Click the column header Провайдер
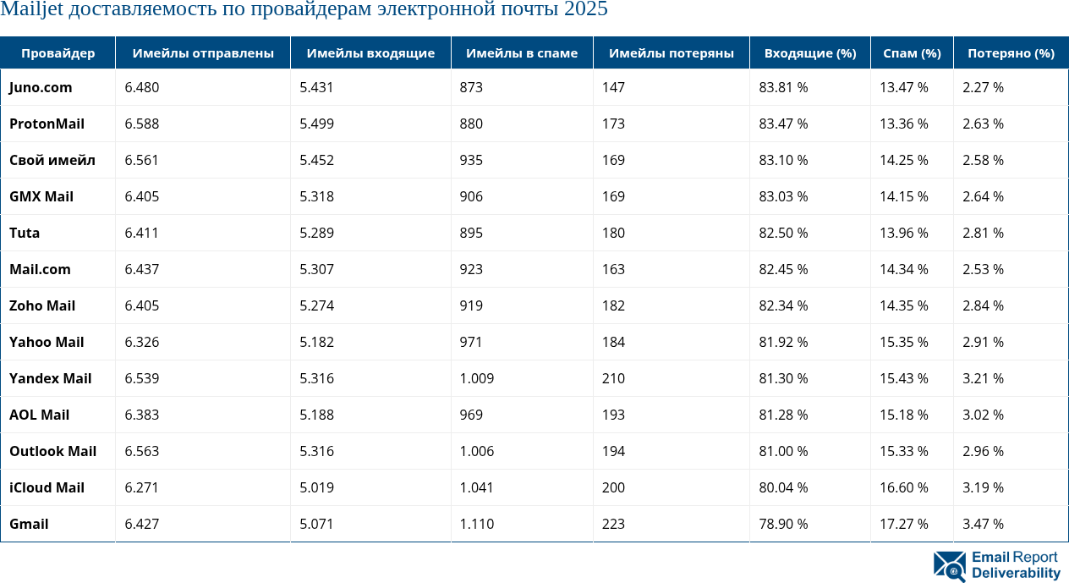58,53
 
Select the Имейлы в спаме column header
523,53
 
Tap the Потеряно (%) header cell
1011,53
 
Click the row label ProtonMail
47,124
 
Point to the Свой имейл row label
52,160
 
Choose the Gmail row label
29,524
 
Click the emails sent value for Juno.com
141,87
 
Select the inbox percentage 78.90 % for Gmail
783,524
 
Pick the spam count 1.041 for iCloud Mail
476,487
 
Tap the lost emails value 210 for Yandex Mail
613,378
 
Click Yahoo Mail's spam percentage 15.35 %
904,342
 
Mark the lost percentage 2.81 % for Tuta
983,233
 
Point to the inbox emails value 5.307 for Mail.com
316,269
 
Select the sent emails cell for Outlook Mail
141,451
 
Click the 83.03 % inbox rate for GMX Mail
783,196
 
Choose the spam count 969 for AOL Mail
471,415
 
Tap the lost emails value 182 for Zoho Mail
613,305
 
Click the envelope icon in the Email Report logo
949,566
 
